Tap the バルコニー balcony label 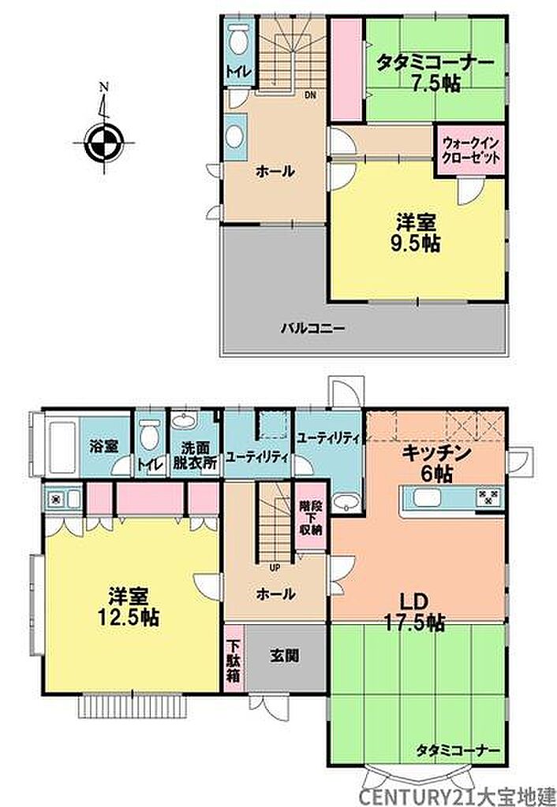(x=312, y=328)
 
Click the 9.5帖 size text (x=417, y=244)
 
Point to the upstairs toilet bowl (x=237, y=39)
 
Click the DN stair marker (x=310, y=95)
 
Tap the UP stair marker (x=275, y=568)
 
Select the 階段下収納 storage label (x=310, y=517)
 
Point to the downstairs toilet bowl (x=149, y=435)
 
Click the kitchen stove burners (x=488, y=496)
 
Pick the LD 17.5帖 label (x=413, y=612)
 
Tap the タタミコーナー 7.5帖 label (x=436, y=73)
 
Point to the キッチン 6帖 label (x=436, y=463)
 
